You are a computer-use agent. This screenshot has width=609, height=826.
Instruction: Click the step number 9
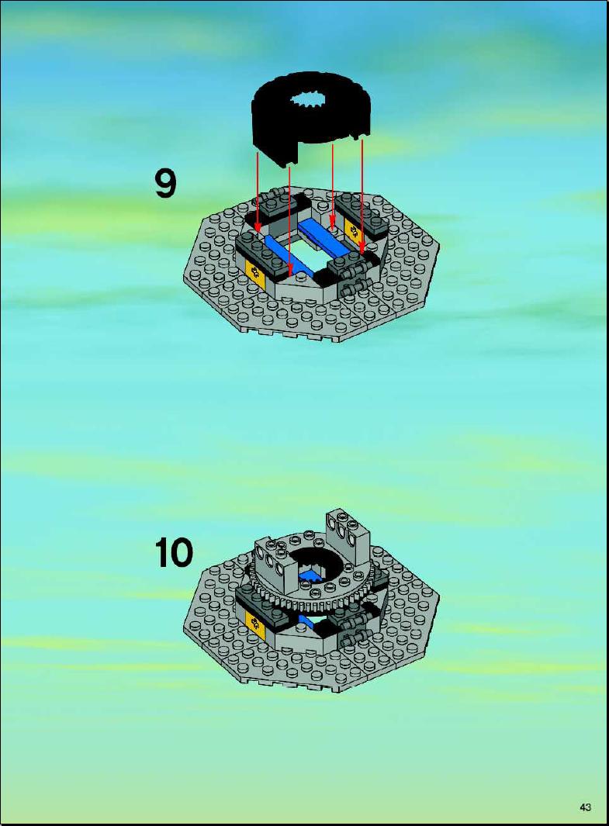coord(165,183)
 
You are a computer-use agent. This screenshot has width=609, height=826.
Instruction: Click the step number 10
coord(174,552)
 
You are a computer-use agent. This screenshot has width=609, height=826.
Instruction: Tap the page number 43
coord(585,807)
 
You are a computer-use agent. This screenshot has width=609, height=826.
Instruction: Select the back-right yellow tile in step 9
coord(352,228)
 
